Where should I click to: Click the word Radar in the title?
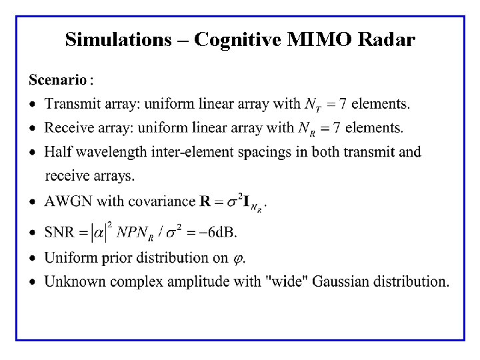[387, 40]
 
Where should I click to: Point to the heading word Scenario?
[58, 80]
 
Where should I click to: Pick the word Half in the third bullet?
[57, 151]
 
